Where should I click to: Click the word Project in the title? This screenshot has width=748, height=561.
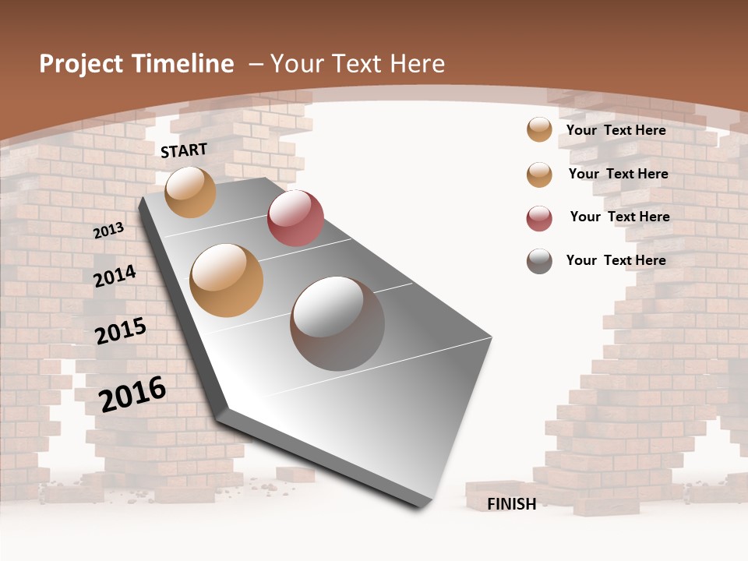click(x=81, y=64)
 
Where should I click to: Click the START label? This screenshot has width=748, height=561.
click(x=184, y=150)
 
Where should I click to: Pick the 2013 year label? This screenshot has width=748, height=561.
click(x=108, y=230)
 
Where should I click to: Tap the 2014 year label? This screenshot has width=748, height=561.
click(x=115, y=276)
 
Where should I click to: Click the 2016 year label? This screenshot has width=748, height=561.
click(x=132, y=393)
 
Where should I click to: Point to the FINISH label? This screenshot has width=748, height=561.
click(x=512, y=504)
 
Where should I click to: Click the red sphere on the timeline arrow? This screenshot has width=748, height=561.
click(x=295, y=218)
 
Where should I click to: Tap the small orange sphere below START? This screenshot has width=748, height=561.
click(x=191, y=192)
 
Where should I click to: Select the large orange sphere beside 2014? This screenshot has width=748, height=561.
click(x=227, y=280)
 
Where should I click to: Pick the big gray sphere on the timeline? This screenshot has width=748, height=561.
click(x=337, y=323)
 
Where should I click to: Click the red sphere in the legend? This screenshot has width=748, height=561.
click(x=539, y=218)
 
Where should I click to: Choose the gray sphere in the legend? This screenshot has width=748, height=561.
click(x=539, y=261)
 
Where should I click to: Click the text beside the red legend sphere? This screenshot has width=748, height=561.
click(x=619, y=217)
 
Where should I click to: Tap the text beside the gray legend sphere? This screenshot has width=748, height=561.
click(x=616, y=260)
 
